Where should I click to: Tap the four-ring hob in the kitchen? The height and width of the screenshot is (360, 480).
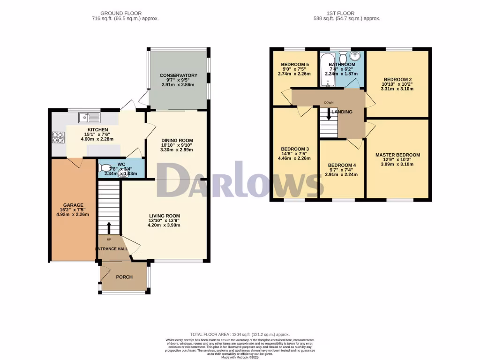(x=58, y=137)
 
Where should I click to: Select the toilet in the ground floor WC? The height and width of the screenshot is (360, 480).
(x=105, y=168)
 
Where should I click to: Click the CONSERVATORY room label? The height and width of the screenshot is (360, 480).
(x=179, y=75)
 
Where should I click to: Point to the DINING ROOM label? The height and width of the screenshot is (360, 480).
(x=177, y=140)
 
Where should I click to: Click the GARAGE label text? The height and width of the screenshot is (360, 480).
(x=74, y=205)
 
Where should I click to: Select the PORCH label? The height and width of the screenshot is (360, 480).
(x=124, y=277)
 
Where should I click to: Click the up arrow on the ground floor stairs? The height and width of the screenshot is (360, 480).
(x=109, y=228)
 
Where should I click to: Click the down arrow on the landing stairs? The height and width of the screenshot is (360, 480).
(x=329, y=114)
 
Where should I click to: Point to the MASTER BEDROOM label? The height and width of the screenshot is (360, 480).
(x=397, y=155)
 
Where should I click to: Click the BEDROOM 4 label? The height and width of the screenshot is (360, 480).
(x=342, y=165)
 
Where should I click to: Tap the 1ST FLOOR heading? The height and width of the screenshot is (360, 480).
(x=346, y=13)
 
